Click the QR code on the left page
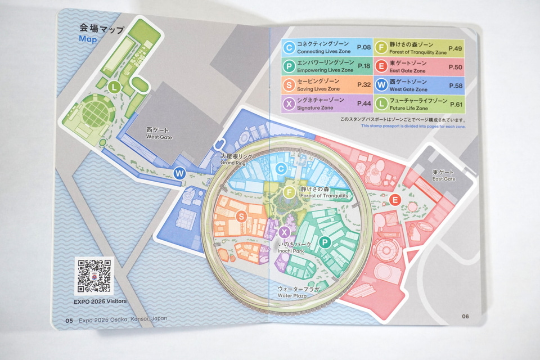click(94, 276)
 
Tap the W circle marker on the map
click(179, 173)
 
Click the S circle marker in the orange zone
click(241, 216)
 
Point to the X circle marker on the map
click(285, 232)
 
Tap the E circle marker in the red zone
click(395, 200)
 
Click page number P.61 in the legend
click(455, 103)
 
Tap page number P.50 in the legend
click(455, 67)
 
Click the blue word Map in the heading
click(88, 39)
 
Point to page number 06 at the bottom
click(465, 316)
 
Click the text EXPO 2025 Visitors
click(100, 301)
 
